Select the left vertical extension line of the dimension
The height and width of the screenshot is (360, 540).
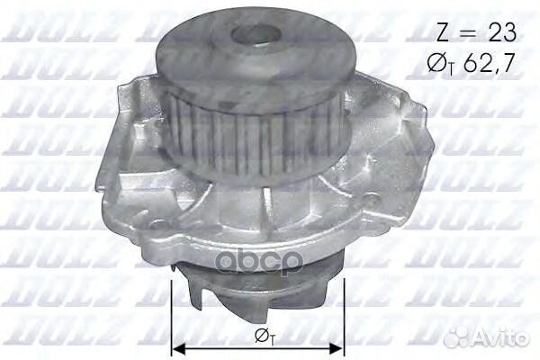click(170, 315)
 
